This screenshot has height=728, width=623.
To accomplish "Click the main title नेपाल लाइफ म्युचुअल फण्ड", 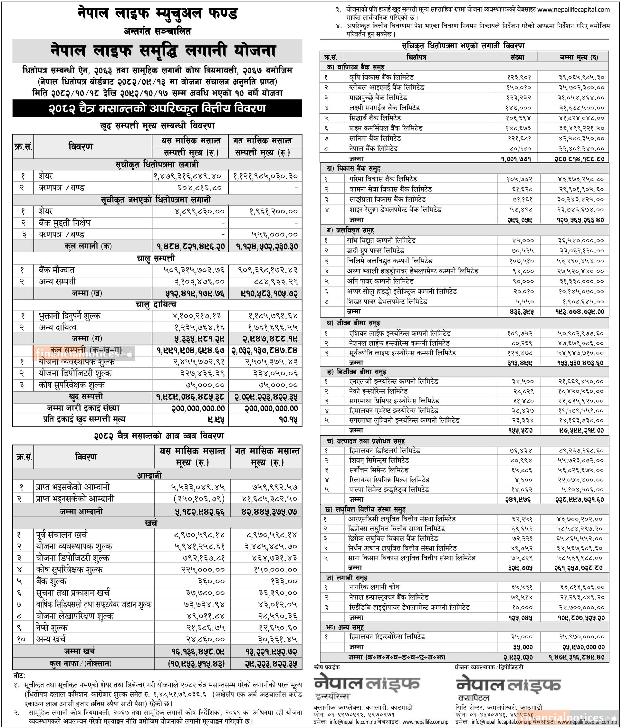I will [x=157, y=14].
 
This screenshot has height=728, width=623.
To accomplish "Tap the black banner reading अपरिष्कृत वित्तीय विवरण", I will [x=157, y=108].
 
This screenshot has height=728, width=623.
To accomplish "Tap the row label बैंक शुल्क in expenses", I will [x=51, y=581].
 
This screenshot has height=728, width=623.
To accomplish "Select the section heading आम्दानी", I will [x=149, y=475].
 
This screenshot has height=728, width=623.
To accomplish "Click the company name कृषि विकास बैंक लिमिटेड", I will [x=381, y=77].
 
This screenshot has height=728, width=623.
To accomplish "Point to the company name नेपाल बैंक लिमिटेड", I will [x=373, y=149].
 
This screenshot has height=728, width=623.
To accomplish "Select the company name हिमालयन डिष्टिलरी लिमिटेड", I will [x=384, y=451].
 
